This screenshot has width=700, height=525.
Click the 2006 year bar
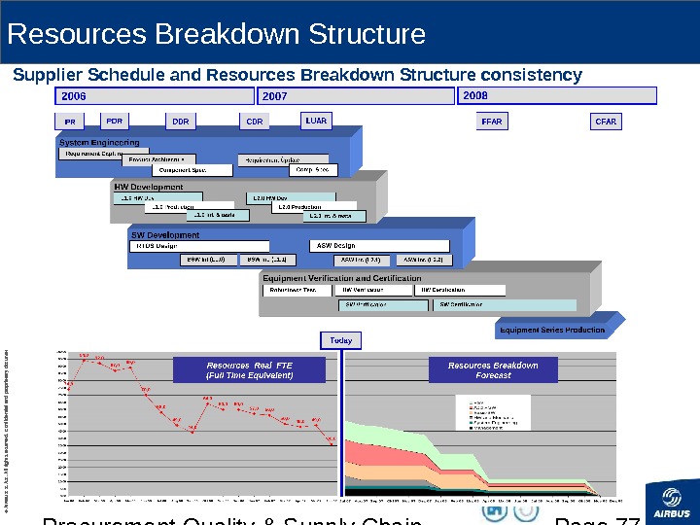point(155,96)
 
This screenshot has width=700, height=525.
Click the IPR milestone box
point(70,122)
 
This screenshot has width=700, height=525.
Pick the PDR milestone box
point(115,122)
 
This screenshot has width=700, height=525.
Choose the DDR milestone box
point(180,122)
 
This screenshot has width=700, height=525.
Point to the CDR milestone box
point(254,122)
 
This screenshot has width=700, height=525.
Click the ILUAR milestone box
point(316,122)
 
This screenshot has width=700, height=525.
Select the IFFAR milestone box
point(491,122)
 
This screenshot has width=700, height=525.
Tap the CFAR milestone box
point(606,122)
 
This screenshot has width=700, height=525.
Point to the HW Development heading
point(149,187)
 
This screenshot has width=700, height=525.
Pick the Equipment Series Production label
point(551,330)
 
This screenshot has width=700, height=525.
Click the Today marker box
point(340,340)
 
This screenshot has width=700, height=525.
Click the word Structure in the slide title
point(367,35)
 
